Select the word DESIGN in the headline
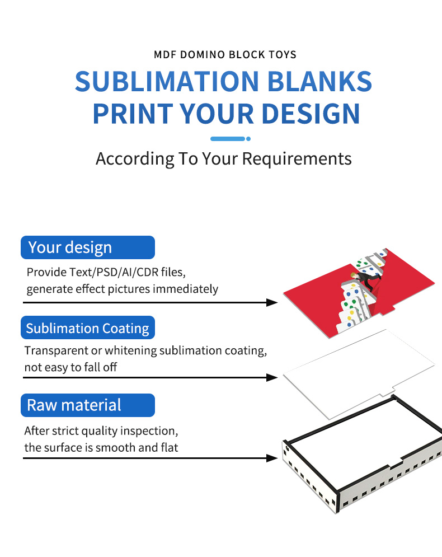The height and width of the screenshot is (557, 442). [x=311, y=113]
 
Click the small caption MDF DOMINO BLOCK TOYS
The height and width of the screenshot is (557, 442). [x=225, y=55]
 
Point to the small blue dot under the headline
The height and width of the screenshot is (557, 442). [x=248, y=139]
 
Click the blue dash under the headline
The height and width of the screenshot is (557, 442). [x=227, y=139]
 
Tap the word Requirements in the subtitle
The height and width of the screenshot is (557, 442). [x=297, y=159]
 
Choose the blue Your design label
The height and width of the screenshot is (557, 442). [x=88, y=247]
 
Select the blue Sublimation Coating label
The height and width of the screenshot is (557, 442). [x=88, y=327]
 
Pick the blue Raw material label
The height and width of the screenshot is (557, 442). [x=88, y=405]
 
